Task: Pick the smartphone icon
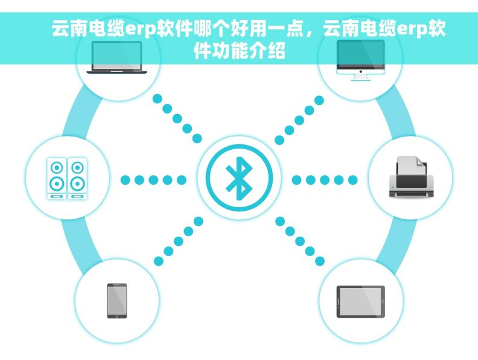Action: point(117,301)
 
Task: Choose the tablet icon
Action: point(360,301)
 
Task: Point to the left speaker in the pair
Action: point(57,179)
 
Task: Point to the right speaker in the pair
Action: point(76,179)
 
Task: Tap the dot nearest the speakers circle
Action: point(126,180)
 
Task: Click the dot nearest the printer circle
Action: point(352,180)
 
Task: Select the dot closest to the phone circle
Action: point(159,261)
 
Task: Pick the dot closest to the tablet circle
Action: point(319,261)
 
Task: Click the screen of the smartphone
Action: point(117,300)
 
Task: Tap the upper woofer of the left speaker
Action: point(57,167)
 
